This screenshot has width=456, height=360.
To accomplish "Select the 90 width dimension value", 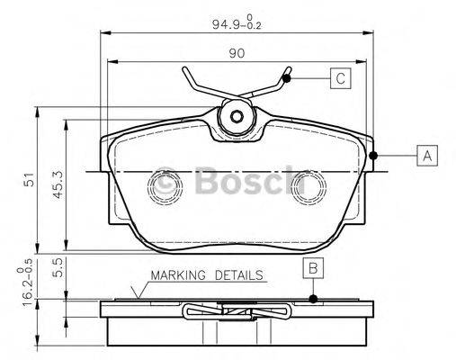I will tap(236, 53).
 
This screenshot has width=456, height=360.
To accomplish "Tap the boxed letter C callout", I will tap(340, 78).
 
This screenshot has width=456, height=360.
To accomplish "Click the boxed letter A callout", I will tap(428, 156).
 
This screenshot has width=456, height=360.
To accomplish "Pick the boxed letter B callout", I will tap(312, 266).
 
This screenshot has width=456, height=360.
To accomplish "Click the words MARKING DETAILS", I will tap(206, 275).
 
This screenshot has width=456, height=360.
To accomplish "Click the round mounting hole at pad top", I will tap(238, 116).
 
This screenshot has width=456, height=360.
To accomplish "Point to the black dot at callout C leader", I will tap(287, 78).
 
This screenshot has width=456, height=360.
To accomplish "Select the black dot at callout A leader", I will tap(373, 156).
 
